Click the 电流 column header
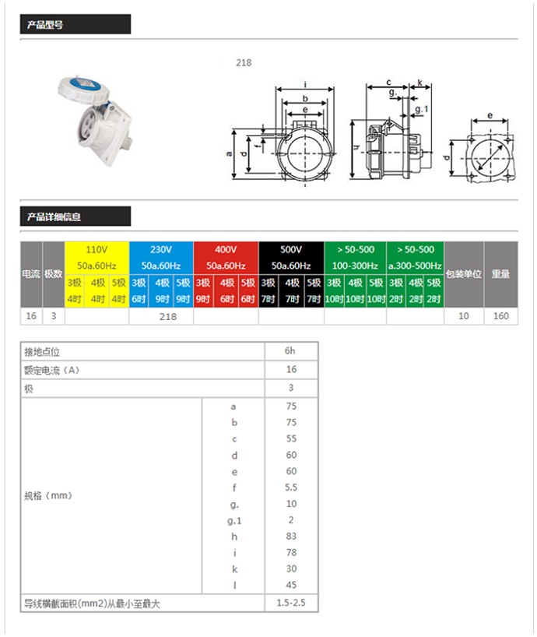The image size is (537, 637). click(31, 274)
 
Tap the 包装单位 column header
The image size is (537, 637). click(464, 274)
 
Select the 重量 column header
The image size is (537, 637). click(500, 274)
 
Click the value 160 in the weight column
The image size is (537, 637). click(500, 317)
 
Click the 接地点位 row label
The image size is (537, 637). click(39, 351)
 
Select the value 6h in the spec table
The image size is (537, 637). click(291, 351)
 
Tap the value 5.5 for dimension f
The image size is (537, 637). click(291, 487)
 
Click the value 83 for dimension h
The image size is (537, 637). click(291, 537)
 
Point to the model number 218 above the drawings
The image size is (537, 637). click(244, 63)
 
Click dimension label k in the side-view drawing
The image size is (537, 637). click(419, 83)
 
